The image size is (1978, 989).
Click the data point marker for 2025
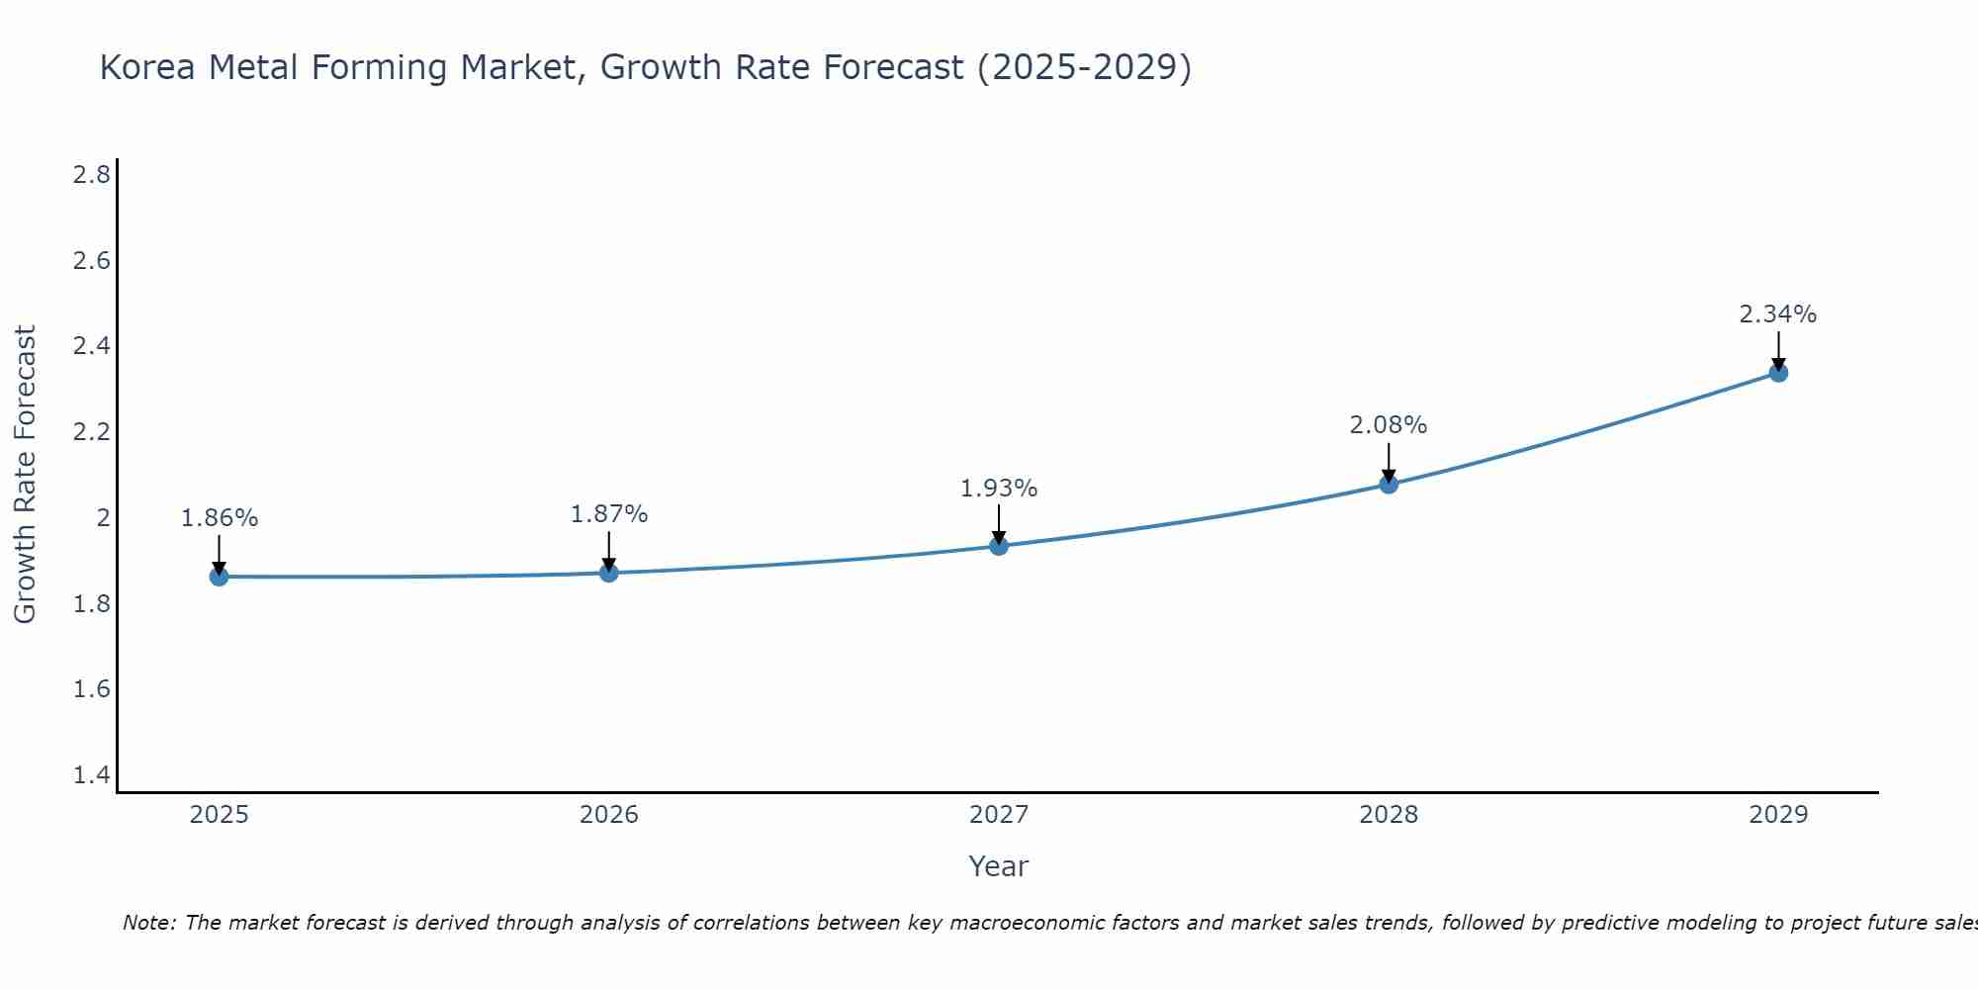pyautogui.click(x=219, y=577)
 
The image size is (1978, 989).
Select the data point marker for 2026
pyautogui.click(x=609, y=573)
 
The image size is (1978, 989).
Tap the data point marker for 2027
pyautogui.click(x=999, y=546)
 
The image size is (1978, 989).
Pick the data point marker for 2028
pyautogui.click(x=1389, y=484)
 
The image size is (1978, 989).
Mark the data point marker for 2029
pyautogui.click(x=1778, y=373)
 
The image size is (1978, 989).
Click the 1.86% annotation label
pyautogui.click(x=219, y=518)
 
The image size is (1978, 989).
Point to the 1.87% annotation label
pyautogui.click(x=609, y=514)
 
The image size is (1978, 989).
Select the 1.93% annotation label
pyautogui.click(x=999, y=489)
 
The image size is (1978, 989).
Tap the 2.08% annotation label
pyautogui.click(x=1389, y=425)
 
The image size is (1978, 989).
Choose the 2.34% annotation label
pyautogui.click(x=1778, y=315)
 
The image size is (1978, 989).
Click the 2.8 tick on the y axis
pyautogui.click(x=91, y=175)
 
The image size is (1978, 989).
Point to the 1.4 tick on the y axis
pyautogui.click(x=91, y=775)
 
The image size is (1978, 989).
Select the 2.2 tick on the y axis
pyautogui.click(x=91, y=432)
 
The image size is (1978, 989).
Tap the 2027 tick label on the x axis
pyautogui.click(x=999, y=815)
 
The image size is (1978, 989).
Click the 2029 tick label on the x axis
pyautogui.click(x=1778, y=815)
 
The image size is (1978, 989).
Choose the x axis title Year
pyautogui.click(x=999, y=866)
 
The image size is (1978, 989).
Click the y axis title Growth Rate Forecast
pyautogui.click(x=25, y=475)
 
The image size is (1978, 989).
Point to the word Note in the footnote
pyautogui.click(x=148, y=923)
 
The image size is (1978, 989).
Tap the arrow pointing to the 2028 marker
pyautogui.click(x=1389, y=463)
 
